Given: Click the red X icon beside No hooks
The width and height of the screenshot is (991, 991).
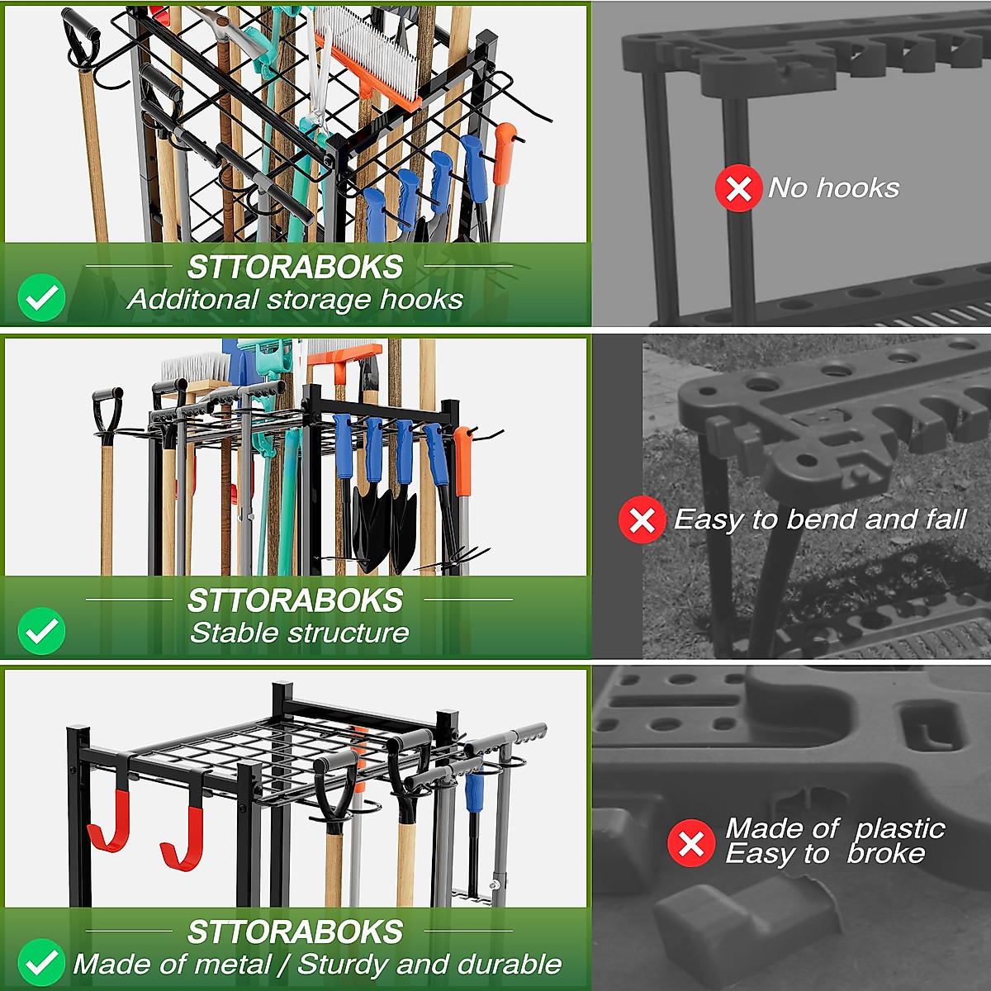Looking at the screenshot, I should [738, 188].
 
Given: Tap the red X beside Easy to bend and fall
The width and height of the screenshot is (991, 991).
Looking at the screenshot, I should [642, 519].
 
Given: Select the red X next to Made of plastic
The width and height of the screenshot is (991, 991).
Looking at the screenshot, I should [691, 843].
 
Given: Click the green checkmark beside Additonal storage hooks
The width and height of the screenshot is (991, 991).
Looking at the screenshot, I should [41, 297].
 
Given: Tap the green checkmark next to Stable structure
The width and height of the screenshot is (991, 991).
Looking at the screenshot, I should [41, 631].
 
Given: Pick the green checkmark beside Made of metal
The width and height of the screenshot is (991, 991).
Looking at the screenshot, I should [41, 962].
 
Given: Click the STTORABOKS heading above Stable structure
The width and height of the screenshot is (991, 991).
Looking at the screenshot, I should [295, 600].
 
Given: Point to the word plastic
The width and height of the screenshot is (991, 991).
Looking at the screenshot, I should [899, 828].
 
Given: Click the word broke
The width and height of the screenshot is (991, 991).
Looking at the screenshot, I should [885, 854].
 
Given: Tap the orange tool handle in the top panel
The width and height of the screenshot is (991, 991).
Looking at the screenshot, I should [503, 153].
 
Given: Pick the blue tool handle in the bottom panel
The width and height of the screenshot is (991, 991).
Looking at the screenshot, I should [474, 793].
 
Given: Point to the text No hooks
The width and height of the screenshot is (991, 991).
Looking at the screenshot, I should [833, 188].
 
